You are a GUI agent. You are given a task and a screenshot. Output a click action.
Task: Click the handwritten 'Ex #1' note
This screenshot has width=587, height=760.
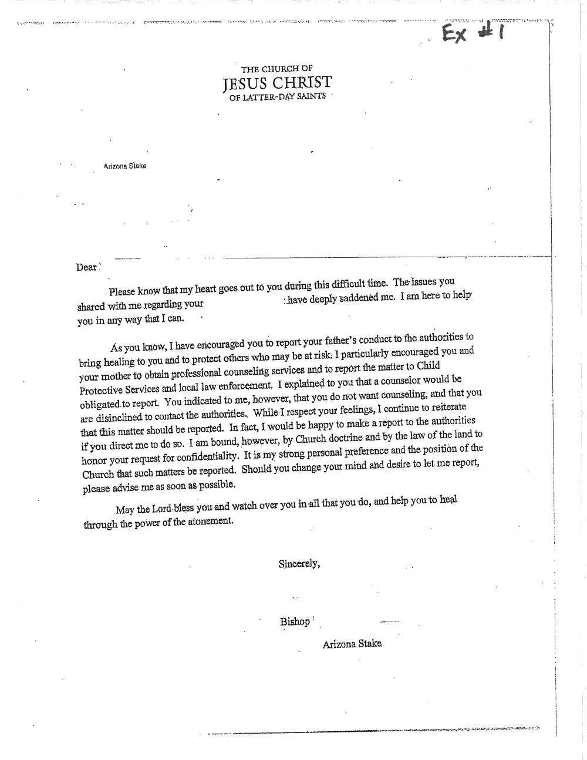[475, 33]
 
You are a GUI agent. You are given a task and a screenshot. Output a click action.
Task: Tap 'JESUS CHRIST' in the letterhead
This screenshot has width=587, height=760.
[278, 82]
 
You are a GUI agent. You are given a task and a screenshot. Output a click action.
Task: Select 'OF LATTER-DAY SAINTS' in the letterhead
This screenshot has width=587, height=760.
[277, 96]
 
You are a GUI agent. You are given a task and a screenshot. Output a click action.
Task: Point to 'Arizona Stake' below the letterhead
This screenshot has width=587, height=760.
[125, 166]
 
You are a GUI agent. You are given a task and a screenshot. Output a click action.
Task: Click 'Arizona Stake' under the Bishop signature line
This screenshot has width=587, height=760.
[352, 644]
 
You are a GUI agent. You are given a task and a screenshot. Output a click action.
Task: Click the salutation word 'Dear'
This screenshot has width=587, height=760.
[86, 268]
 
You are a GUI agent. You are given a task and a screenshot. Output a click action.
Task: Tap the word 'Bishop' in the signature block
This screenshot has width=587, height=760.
[295, 621]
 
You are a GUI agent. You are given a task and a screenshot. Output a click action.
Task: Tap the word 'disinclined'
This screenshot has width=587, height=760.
[118, 418]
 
